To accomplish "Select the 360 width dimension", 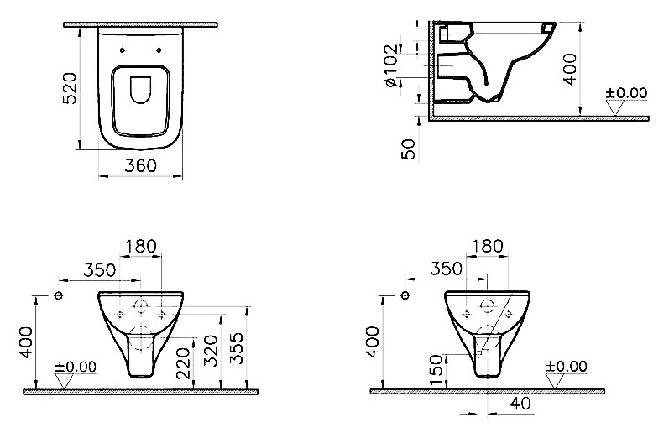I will point(140,166).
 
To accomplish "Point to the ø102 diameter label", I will point(389,66).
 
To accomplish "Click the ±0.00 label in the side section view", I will point(627,92).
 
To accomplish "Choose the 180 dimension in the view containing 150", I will point(487,246).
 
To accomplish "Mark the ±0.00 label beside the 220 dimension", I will point(76,367).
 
